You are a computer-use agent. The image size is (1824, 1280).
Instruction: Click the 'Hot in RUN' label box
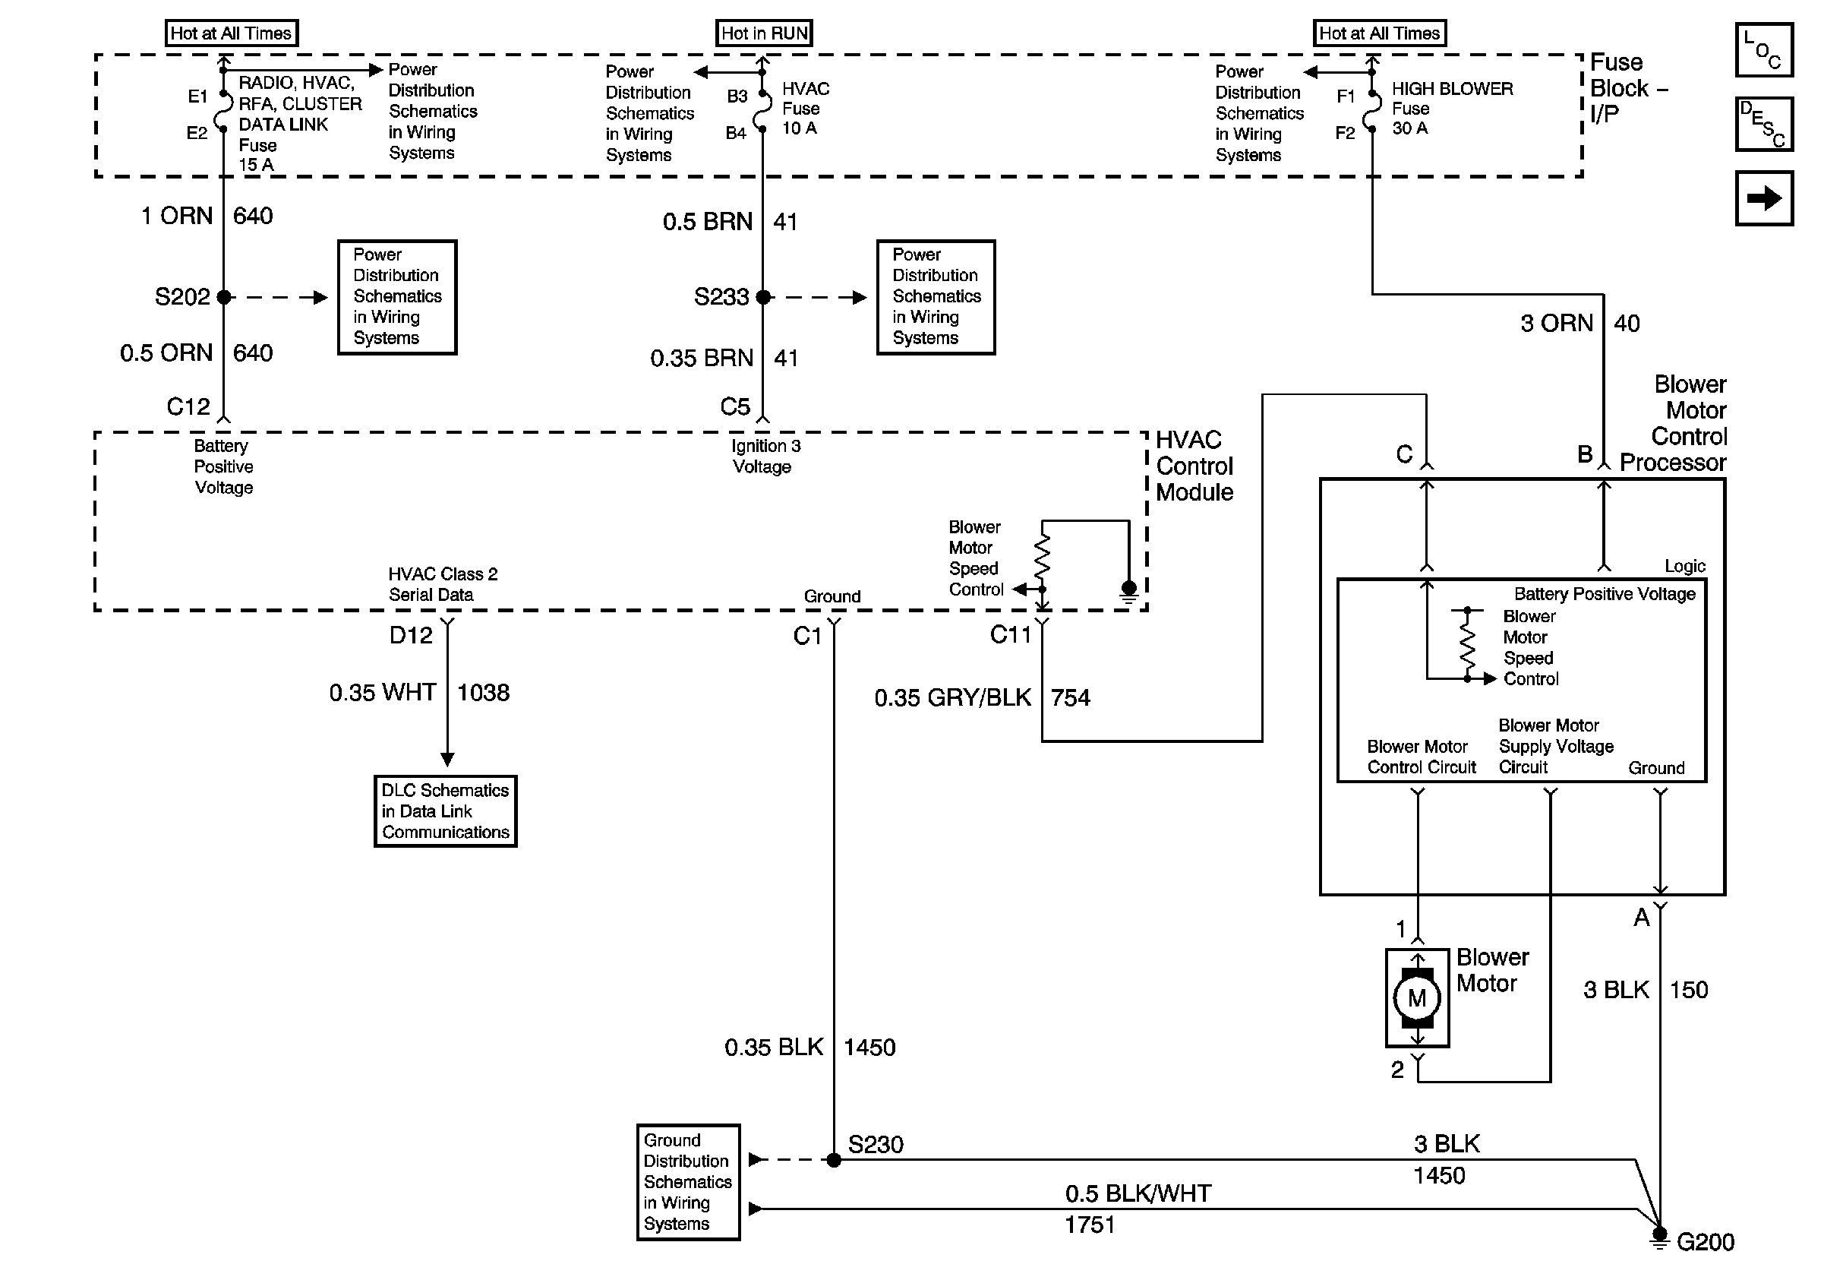[x=763, y=33]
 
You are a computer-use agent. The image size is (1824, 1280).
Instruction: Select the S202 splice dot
[x=224, y=297]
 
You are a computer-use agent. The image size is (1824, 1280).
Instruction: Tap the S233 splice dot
[x=763, y=297]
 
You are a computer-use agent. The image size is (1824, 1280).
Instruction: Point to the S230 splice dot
[x=833, y=1160]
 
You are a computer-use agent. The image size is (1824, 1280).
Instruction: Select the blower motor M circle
[x=1417, y=998]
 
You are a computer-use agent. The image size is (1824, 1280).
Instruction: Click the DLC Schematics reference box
[x=446, y=811]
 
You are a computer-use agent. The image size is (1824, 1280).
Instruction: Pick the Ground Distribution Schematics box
[x=688, y=1181]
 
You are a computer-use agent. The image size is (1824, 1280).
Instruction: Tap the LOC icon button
[x=1763, y=50]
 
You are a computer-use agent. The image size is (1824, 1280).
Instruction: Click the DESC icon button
[x=1763, y=124]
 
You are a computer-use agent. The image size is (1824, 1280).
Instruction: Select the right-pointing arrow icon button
[x=1763, y=198]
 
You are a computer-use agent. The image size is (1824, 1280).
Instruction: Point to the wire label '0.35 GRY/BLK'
[x=952, y=697]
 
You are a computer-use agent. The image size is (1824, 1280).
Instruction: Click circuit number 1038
[x=483, y=693]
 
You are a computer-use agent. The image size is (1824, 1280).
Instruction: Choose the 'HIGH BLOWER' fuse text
[x=1452, y=89]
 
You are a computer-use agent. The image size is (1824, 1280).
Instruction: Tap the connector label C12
[x=188, y=407]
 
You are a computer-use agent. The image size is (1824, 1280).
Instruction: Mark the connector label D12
[x=411, y=635]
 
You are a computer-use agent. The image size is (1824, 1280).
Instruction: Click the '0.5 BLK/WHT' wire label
[x=1138, y=1193]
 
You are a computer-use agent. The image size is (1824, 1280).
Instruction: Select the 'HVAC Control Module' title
[x=1194, y=466]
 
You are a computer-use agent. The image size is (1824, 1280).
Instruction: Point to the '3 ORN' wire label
[x=1556, y=324]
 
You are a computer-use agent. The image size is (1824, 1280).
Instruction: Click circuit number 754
[x=1070, y=697]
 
